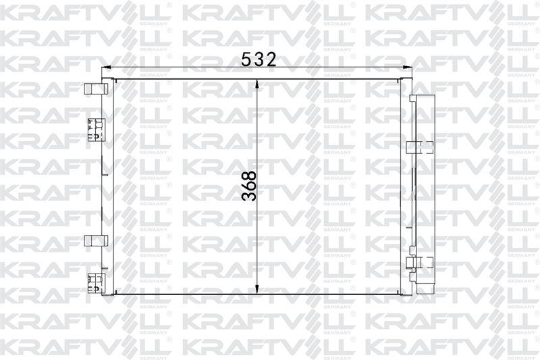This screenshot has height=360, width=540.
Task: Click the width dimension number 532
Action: pos(259,59)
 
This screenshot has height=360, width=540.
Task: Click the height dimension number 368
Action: pos(249,186)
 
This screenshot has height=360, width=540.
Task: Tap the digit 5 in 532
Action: pos(246,59)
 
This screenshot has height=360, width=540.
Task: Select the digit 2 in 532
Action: pos(271,59)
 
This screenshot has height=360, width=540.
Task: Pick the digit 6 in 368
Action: pos(249,186)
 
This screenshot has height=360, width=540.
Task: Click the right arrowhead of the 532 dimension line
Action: pos(407,68)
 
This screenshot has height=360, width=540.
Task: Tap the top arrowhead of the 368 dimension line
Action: pos(257,84)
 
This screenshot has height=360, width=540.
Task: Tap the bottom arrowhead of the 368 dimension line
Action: pos(257,288)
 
